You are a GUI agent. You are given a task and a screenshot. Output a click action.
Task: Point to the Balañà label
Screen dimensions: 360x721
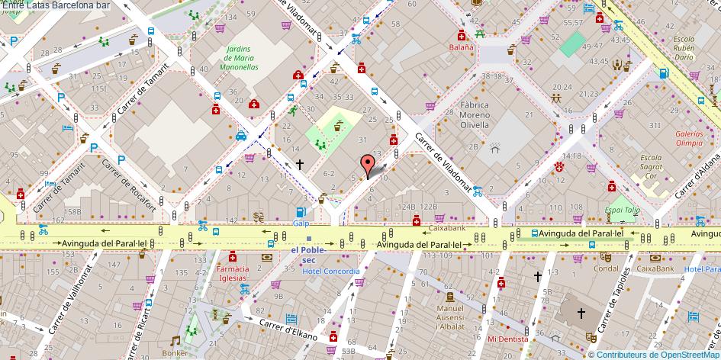click(461, 47)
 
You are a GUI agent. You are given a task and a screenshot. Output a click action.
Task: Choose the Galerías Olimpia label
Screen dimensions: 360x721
click(689, 138)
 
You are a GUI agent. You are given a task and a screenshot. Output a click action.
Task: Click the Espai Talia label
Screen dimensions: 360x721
click(623, 210)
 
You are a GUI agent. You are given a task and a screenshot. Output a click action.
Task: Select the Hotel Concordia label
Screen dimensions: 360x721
click(330, 271)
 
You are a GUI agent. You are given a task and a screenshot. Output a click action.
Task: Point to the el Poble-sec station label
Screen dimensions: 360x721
click(309, 254)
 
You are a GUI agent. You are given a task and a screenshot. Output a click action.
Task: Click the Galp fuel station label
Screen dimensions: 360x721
click(301, 223)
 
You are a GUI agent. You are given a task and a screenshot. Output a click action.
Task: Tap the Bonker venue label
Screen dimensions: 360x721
click(175, 353)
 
